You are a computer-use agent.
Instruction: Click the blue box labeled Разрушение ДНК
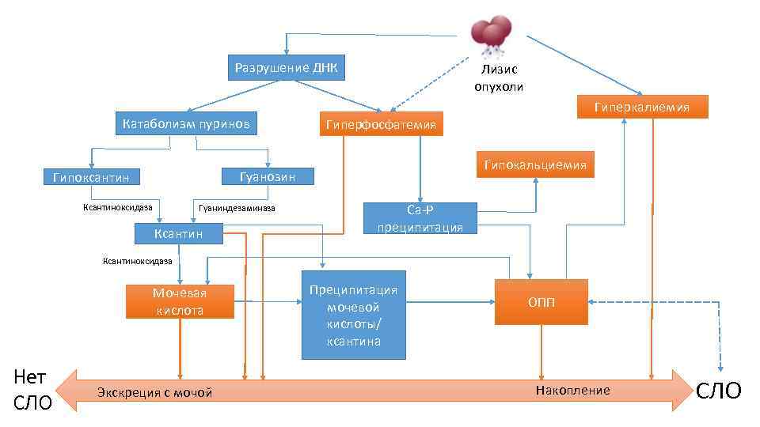(287, 68)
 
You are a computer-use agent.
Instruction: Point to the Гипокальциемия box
(535, 164)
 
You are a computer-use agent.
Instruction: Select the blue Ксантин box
(179, 233)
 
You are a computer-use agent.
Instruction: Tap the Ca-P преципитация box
(420, 218)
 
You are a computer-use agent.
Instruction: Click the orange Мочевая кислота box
(180, 301)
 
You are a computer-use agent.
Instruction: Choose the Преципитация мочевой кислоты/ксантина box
(352, 315)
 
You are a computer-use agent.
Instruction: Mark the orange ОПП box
(541, 302)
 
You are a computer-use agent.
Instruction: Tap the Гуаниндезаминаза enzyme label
(237, 208)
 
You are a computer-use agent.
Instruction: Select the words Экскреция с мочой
(155, 393)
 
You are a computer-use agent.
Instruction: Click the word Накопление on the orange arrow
(573, 391)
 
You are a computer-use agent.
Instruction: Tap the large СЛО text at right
(719, 390)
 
